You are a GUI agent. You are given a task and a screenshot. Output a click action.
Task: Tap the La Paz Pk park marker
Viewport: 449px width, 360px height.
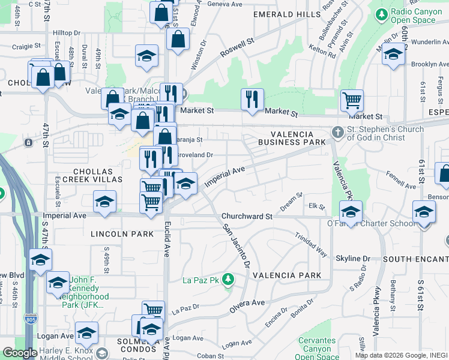click(x=228, y=280)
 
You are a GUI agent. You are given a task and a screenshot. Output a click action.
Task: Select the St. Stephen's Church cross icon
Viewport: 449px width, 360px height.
click(x=338, y=131)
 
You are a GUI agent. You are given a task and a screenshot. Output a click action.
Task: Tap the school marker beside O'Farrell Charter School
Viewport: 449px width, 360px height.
click(x=351, y=211)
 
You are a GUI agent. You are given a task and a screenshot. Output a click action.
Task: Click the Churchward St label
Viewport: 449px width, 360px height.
click(x=247, y=216)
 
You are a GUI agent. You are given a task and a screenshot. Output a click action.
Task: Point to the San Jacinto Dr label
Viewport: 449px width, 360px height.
click(x=236, y=245)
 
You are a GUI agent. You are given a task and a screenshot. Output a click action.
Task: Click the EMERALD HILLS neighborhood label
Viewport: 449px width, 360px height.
click(x=287, y=14)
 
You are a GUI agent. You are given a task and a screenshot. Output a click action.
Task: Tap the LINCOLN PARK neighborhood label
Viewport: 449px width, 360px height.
click(x=122, y=233)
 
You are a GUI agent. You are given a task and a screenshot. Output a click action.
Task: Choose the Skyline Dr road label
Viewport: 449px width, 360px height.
click(x=353, y=258)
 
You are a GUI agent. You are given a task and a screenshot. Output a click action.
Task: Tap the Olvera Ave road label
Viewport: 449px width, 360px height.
click(x=247, y=305)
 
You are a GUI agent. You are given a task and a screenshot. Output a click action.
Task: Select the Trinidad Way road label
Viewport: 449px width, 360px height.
click(x=311, y=246)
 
